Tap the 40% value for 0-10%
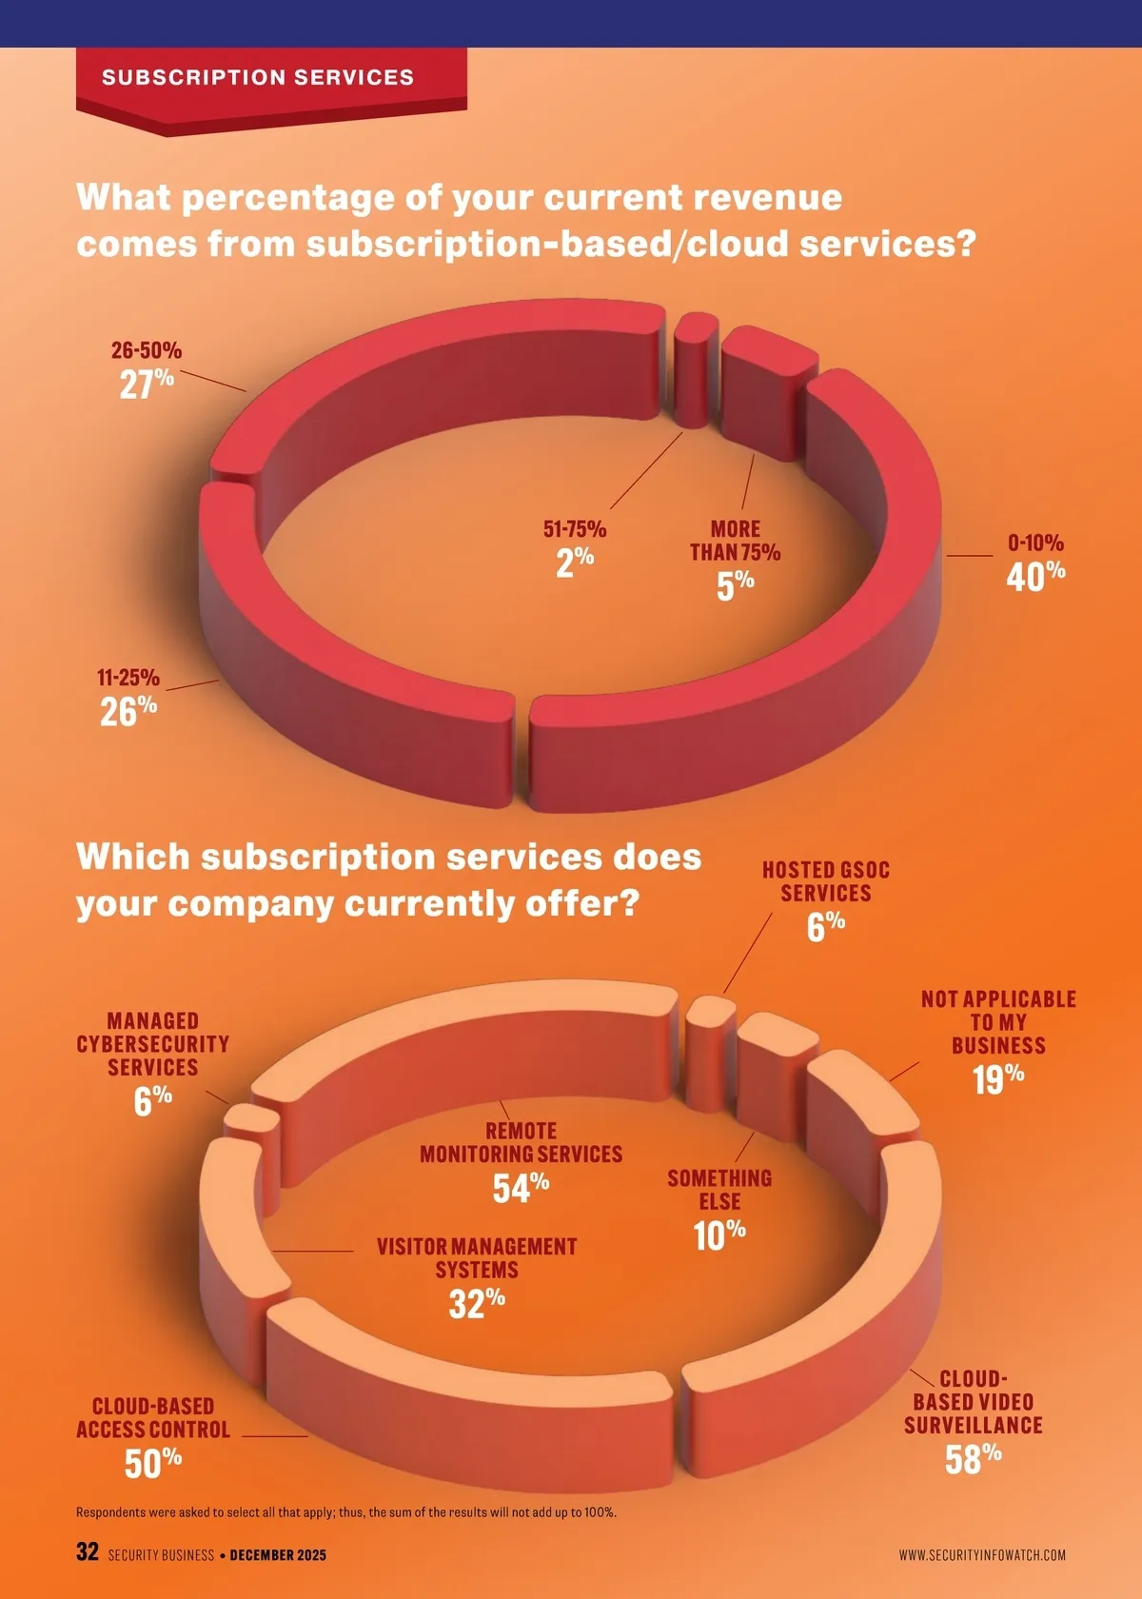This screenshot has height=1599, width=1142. click(1035, 575)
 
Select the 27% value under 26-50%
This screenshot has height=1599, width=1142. click(147, 384)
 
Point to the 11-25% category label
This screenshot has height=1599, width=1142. click(128, 678)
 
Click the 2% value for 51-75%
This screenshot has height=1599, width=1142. click(575, 562)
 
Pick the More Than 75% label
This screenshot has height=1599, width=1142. click(735, 541)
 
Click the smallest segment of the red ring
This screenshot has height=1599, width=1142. click(695, 371)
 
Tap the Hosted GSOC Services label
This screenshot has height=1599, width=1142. click(826, 881)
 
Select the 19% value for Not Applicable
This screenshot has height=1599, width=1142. click(998, 1079)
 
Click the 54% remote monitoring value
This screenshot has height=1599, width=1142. click(521, 1187)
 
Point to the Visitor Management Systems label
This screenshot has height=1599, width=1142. click(477, 1257)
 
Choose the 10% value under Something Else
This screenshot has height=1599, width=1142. click(719, 1235)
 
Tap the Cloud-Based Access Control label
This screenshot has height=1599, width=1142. click(153, 1417)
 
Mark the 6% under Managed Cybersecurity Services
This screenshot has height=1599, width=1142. click(152, 1100)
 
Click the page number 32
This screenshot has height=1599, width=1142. click(88, 1551)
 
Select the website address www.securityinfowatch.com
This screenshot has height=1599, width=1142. click(982, 1555)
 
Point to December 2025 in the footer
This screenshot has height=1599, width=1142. click(278, 1555)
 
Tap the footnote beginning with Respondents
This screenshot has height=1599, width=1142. click(345, 1511)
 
